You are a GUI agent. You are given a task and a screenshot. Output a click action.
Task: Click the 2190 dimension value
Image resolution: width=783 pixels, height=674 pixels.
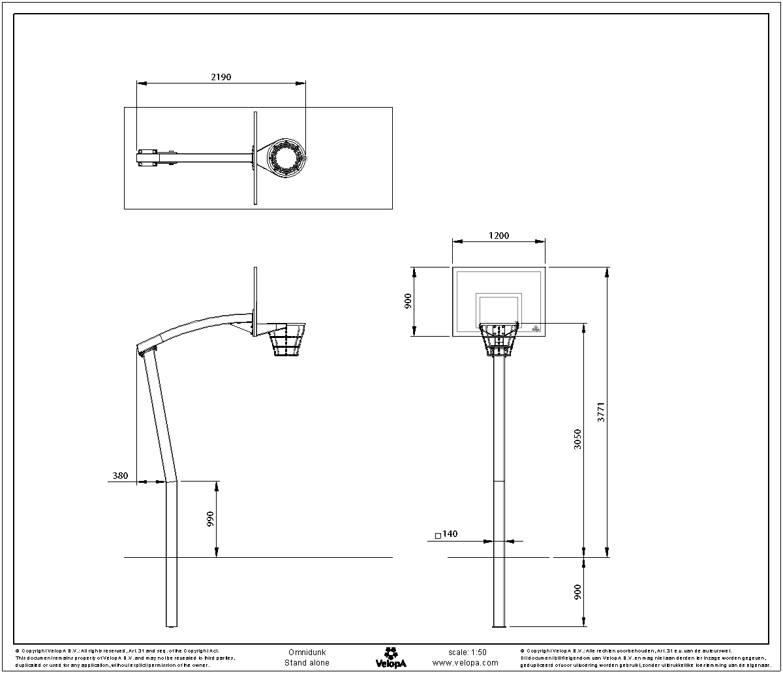tap(221, 77)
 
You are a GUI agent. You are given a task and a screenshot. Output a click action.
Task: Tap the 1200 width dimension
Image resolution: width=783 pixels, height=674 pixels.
tap(499, 236)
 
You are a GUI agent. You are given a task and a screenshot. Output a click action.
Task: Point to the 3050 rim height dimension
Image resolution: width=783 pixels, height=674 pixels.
tap(577, 440)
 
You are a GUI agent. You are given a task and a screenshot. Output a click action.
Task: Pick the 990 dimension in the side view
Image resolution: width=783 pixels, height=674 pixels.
tap(210, 519)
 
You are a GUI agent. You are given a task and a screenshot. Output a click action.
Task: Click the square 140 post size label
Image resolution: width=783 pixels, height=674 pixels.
tap(446, 534)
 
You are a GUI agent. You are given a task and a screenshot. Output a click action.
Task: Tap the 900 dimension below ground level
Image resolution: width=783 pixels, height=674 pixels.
tap(577, 592)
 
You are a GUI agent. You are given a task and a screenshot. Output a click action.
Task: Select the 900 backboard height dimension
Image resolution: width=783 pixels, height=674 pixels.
tap(408, 301)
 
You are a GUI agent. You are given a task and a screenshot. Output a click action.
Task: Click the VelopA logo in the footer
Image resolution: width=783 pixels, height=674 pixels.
tap(391, 657)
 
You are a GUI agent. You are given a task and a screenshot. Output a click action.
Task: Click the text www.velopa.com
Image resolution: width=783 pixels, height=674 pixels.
tap(465, 663)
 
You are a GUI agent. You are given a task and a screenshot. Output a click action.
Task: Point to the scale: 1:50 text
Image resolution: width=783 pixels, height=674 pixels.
tap(467, 652)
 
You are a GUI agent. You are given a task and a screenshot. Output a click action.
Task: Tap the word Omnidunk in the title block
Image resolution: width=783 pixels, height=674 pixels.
tap(307, 652)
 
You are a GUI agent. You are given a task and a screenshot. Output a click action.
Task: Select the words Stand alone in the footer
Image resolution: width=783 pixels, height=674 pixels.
tap(307, 663)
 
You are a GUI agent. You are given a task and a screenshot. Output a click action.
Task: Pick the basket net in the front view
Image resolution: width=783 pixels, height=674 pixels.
tap(499, 341)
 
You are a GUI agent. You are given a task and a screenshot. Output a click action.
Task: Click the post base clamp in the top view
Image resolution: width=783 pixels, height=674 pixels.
tap(147, 158)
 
